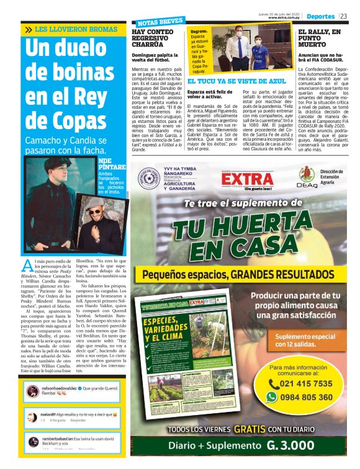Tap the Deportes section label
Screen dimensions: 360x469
coord(321,16)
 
